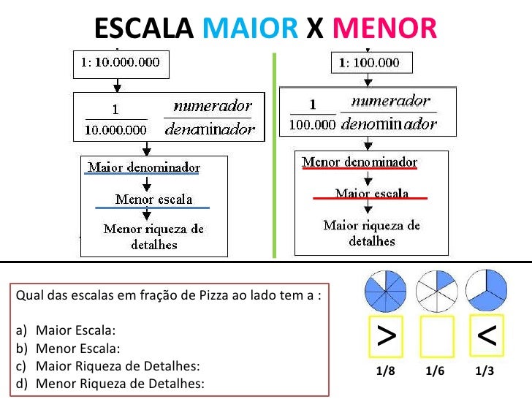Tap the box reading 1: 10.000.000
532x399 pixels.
120,63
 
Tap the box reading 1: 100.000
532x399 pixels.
371,63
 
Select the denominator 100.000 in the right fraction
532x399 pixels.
313,124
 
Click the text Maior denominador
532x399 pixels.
144,167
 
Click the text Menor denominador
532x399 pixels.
360,161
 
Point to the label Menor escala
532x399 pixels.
153,199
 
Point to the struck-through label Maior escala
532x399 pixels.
371,194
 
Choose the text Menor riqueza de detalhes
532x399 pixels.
153,237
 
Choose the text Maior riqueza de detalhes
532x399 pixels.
371,232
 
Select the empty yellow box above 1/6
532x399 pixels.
436,338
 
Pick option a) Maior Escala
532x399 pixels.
76,330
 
